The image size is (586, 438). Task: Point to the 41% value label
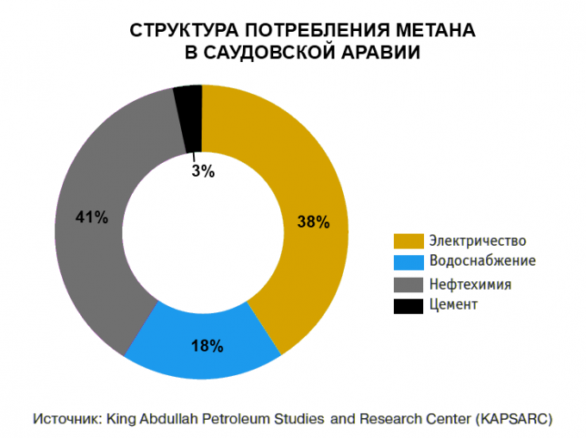coord(92,217)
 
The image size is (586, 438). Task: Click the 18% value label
coord(207,347)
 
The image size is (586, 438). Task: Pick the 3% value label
coord(203,171)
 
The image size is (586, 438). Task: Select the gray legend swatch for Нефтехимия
coord(408,284)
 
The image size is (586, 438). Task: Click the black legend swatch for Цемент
coord(408,305)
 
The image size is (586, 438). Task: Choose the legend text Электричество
coord(477,241)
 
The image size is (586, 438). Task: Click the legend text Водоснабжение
coord(482,261)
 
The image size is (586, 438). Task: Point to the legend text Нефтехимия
coord(470,284)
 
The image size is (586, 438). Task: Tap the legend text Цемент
coord(452,305)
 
